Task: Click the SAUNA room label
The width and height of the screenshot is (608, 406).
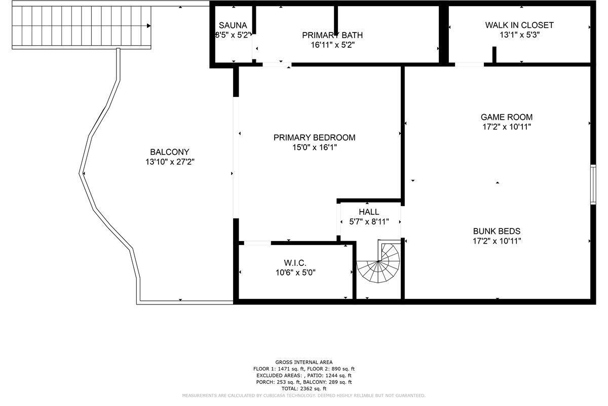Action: (233, 25)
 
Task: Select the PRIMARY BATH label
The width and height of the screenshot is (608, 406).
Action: (332, 35)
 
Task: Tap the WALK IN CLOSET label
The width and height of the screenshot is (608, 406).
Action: (519, 25)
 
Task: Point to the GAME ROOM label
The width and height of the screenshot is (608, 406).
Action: (506, 117)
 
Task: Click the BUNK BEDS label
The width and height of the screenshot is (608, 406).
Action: (497, 231)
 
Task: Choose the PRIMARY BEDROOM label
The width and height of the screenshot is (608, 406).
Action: (314, 138)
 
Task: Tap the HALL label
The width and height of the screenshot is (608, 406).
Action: (369, 212)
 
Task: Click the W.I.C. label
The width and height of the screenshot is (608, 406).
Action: (295, 262)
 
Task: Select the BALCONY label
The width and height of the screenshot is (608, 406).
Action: (169, 152)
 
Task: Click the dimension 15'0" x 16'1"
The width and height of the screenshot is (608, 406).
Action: (314, 148)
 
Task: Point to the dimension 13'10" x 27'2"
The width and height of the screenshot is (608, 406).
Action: (170, 162)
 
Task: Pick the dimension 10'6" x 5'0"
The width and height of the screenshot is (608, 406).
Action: (295, 273)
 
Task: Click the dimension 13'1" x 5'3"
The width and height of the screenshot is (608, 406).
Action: (519, 35)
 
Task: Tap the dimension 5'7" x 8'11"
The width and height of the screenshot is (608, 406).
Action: (369, 222)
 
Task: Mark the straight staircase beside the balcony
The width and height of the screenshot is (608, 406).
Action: (81, 25)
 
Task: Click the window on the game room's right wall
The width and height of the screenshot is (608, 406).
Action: (593, 184)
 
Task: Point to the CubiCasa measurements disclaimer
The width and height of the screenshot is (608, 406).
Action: (303, 395)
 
